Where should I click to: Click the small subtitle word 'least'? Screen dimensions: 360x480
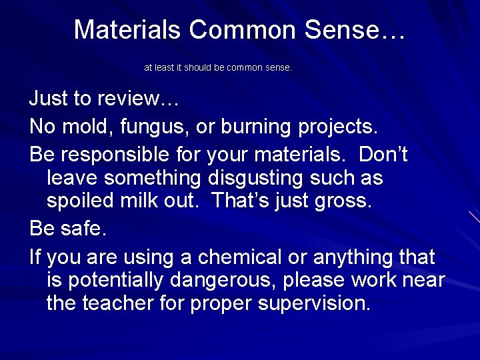166,68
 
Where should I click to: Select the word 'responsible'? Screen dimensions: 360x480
119,155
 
